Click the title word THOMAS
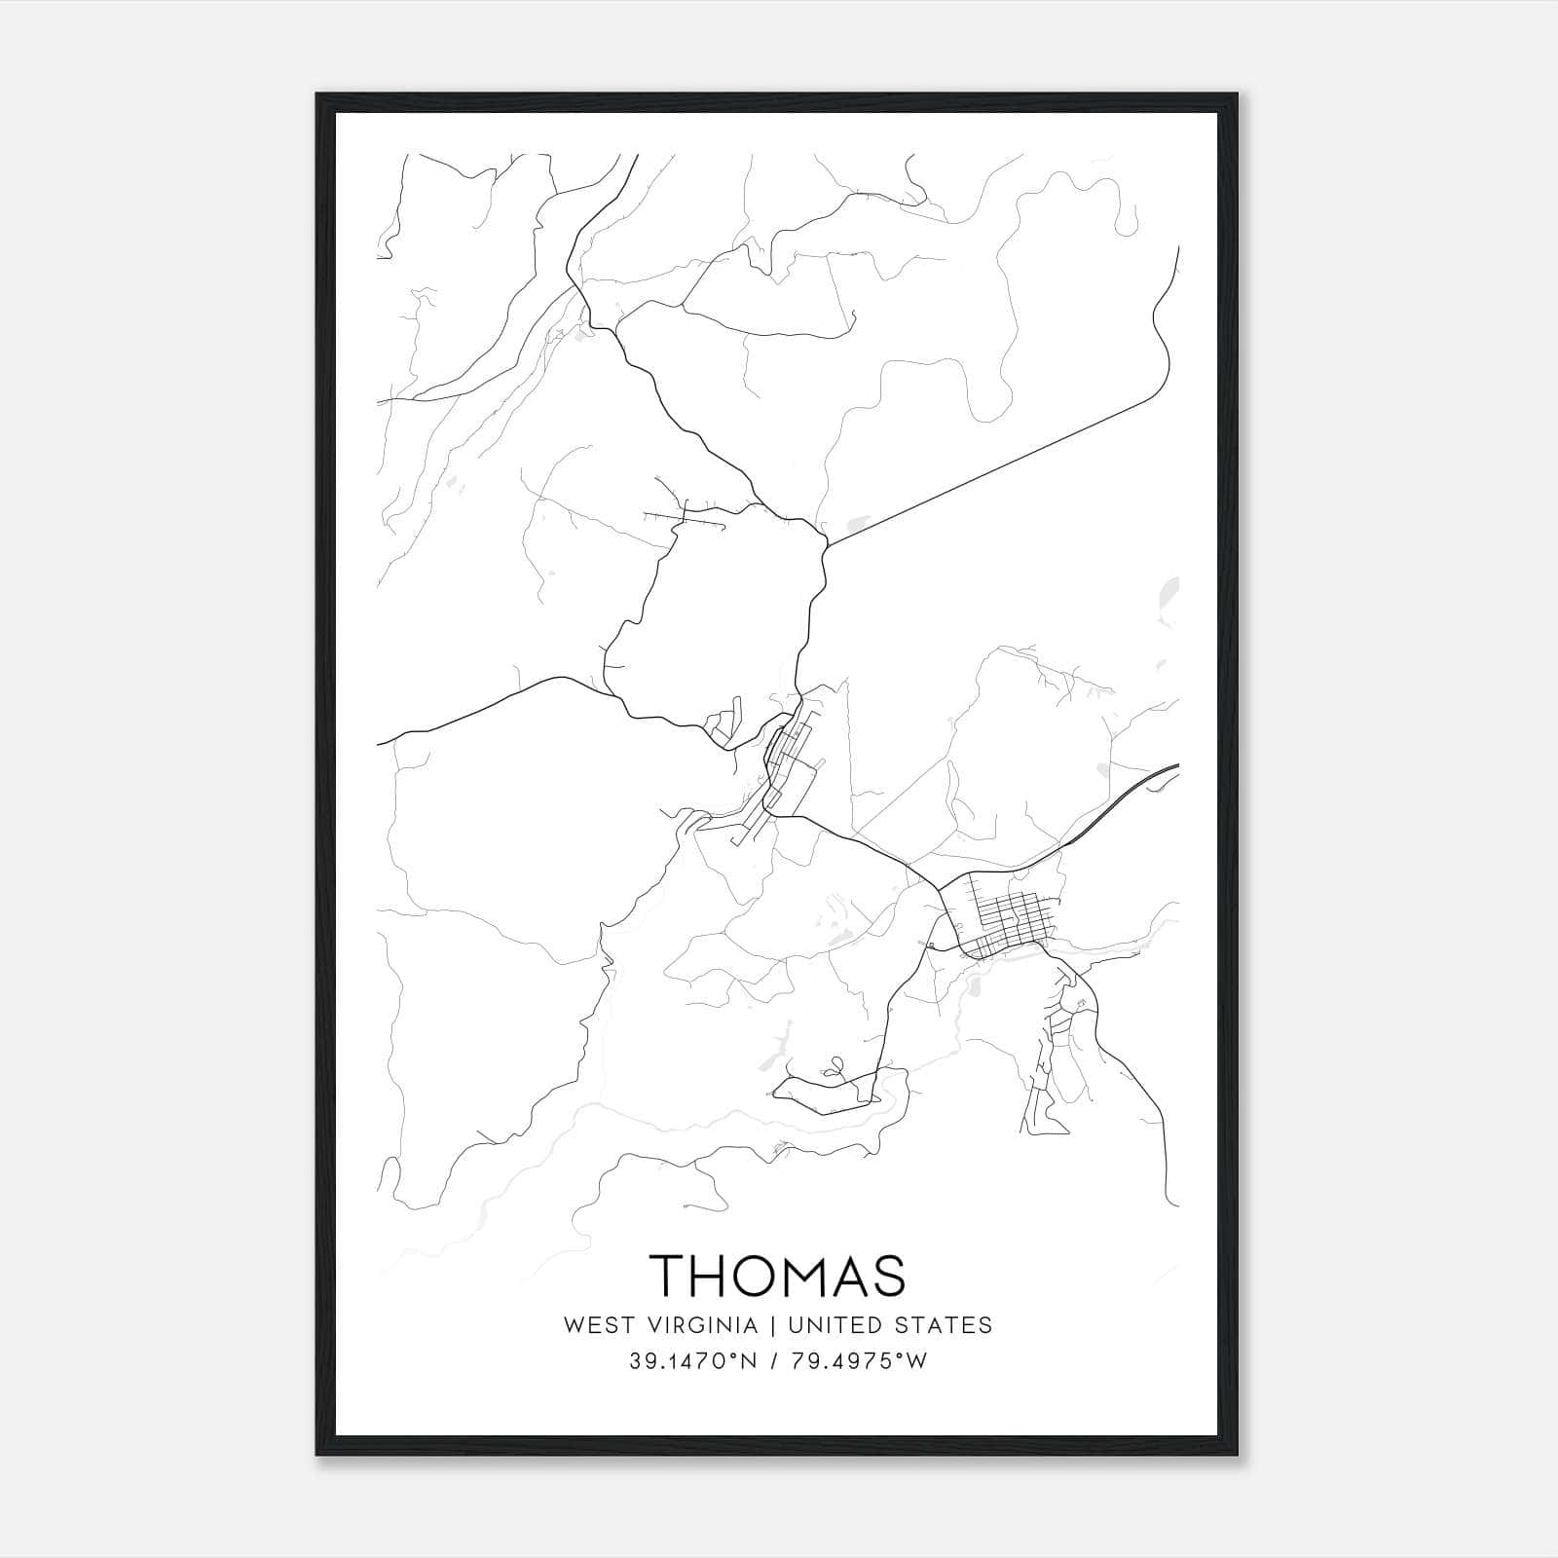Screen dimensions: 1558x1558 click(777, 1275)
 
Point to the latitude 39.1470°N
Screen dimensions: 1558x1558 click(693, 1361)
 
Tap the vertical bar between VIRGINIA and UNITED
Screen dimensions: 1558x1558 click(772, 1325)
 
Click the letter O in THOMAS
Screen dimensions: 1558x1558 click(765, 1275)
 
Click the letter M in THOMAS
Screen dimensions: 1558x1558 click(816, 1275)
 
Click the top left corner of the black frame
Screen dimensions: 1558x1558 click(318, 95)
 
